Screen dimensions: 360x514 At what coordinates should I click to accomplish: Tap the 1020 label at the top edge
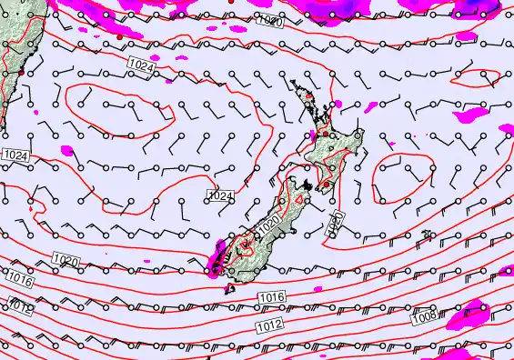269,21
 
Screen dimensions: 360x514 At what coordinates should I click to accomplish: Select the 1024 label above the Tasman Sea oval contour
141,65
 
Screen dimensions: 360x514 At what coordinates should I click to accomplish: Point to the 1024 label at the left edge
15,156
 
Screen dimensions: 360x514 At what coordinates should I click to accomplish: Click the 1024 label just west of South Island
221,195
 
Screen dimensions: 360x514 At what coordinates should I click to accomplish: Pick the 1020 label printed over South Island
268,223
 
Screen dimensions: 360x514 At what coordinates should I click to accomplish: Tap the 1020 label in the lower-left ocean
65,261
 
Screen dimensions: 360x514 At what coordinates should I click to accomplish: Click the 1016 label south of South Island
271,297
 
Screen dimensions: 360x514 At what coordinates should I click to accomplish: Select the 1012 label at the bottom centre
269,325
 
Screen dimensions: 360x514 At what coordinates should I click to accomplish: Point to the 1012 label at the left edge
20,305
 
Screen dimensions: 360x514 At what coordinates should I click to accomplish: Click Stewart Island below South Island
228,290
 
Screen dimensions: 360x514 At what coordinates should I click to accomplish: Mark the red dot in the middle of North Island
326,134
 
